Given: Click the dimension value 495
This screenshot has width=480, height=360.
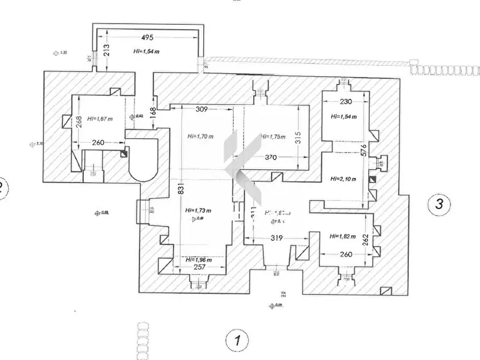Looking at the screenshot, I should [147, 38].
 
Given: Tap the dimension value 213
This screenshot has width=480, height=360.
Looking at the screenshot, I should [106, 51].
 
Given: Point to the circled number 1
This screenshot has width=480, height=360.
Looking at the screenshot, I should [235, 340].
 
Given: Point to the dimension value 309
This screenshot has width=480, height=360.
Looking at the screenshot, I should [202, 110].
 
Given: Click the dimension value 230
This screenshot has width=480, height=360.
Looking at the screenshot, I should [346, 102].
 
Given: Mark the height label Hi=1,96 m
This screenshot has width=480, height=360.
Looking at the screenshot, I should [198, 260].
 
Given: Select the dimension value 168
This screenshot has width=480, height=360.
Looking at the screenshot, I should [153, 112].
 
